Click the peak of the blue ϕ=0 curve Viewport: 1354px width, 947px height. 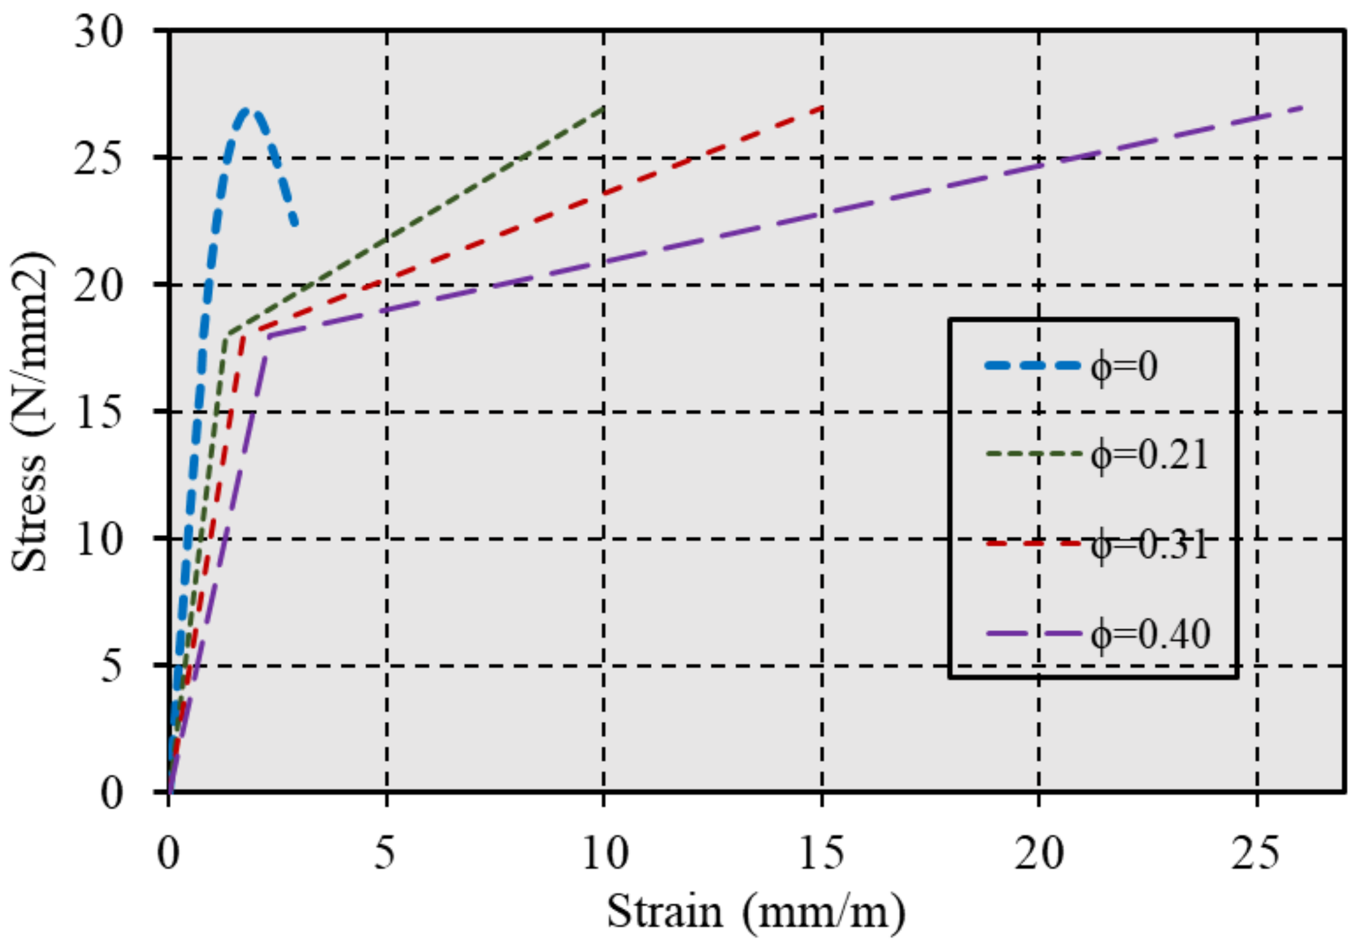pyautogui.click(x=246, y=110)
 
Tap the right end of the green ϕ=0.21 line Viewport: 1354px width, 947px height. pyautogui.click(x=603, y=108)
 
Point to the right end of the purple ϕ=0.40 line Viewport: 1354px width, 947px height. pyautogui.click(x=1303, y=107)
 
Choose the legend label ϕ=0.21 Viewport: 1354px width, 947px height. pyautogui.click(x=1149, y=455)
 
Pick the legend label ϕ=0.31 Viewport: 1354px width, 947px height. pyautogui.click(x=1149, y=545)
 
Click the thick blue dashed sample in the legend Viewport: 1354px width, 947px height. pyautogui.click(x=1033, y=365)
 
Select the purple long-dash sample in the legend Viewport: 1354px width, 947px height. pyautogui.click(x=1033, y=634)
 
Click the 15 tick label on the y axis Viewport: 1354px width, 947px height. pyautogui.click(x=99, y=412)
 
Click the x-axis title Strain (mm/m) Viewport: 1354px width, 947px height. pyautogui.click(x=756, y=913)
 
